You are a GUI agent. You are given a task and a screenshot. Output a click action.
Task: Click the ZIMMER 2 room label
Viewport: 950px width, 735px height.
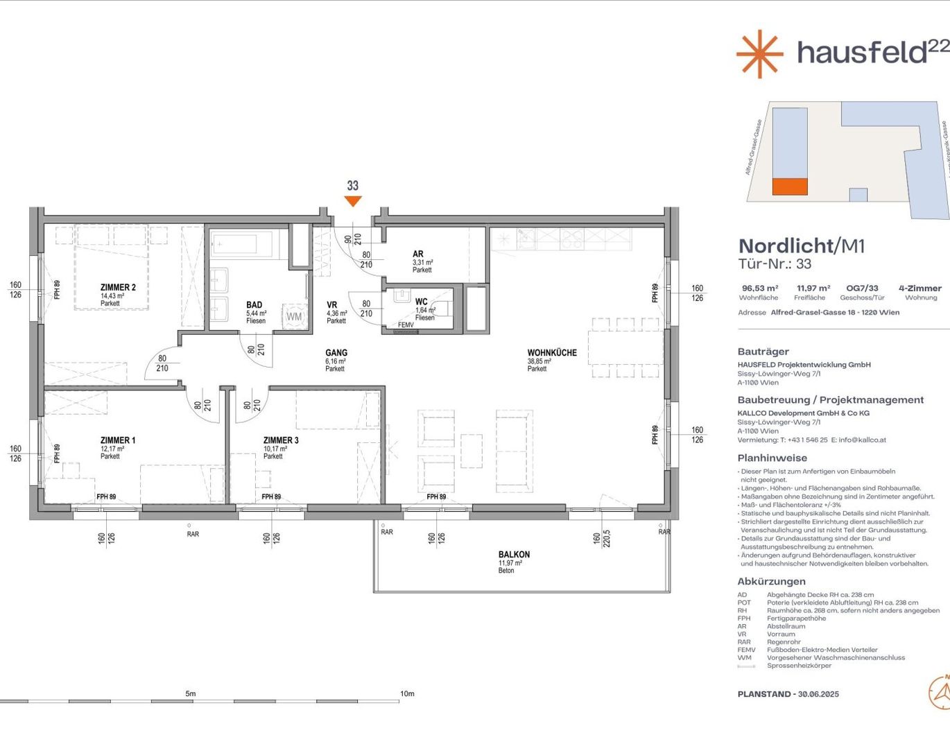118,287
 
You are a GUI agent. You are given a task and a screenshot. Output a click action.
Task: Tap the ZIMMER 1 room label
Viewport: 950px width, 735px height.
118,440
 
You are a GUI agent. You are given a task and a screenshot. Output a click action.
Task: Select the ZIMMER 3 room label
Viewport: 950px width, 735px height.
281,440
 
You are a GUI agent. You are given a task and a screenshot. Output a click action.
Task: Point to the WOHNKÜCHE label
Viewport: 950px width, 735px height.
552,353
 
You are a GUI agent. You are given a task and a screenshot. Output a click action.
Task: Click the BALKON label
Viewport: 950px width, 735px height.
514,555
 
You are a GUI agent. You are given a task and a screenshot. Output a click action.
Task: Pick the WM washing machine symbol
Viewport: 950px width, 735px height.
295,316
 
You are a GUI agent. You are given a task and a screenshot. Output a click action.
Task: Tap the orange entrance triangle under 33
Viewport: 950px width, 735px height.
353,201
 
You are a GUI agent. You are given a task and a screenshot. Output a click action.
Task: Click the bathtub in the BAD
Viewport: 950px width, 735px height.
243,244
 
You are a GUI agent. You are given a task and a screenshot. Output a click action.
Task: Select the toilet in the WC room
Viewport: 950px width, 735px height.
403,297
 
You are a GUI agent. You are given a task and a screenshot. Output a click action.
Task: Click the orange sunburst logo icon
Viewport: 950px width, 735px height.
759,53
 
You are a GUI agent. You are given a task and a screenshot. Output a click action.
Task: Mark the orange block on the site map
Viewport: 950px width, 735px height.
790,187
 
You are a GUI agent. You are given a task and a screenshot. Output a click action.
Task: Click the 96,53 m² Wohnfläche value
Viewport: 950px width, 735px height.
759,288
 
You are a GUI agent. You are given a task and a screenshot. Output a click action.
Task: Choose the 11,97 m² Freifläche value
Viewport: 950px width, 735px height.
813,288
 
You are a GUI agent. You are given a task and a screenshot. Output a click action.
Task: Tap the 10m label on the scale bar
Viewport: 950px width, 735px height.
407,693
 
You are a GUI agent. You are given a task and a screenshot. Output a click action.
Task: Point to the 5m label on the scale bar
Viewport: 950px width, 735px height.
191,693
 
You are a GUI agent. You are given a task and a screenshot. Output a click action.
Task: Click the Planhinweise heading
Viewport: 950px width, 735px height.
772,458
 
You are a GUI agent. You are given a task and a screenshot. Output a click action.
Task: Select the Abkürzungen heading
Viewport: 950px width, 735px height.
771,582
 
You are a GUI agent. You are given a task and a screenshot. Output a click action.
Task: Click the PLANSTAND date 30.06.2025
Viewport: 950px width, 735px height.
818,694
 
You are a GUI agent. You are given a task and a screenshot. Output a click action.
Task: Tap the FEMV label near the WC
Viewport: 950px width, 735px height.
406,325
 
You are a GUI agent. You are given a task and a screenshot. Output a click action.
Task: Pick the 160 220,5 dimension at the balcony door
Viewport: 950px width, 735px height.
601,538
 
